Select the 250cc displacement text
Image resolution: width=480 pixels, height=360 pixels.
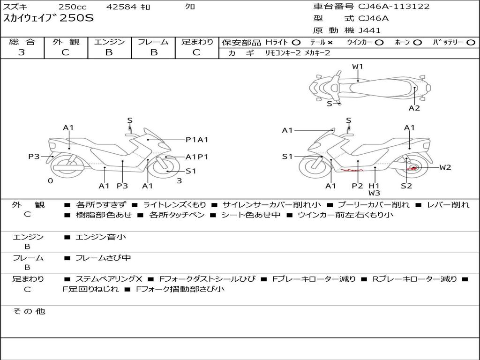click(x=72, y=7)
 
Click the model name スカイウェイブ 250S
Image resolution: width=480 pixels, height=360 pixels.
click(x=49, y=19)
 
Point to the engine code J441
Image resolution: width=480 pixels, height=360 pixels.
click(x=369, y=30)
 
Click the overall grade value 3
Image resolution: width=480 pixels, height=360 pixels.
click(x=22, y=52)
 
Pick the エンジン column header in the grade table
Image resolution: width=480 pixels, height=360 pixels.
click(x=109, y=42)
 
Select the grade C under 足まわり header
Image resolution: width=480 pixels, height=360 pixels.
click(x=196, y=52)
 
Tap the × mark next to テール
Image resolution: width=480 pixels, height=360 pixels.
click(x=330, y=42)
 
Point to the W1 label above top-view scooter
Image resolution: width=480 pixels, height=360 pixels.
click(x=358, y=67)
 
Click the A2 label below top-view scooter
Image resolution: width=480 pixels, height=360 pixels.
click(x=414, y=108)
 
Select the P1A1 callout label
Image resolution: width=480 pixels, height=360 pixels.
click(x=197, y=139)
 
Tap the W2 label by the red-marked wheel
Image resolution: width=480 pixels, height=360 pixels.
click(x=445, y=167)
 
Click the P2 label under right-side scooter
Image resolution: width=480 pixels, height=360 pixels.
click(x=357, y=186)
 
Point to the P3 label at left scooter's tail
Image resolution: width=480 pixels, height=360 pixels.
click(x=34, y=157)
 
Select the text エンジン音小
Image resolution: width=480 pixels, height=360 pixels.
click(x=100, y=237)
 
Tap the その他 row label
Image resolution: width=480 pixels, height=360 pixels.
click(x=29, y=311)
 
